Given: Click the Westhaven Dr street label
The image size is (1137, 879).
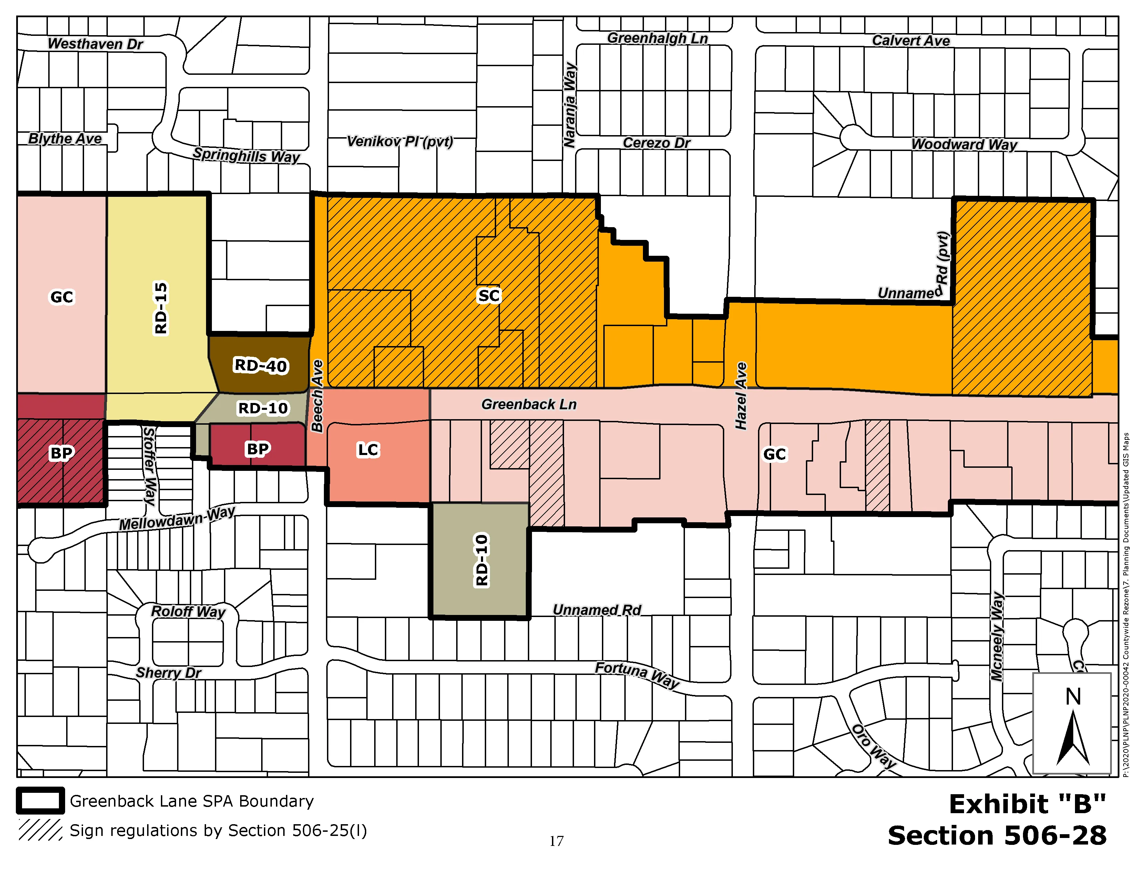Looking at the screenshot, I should (95, 44).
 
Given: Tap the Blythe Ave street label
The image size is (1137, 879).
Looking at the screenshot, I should (65, 139).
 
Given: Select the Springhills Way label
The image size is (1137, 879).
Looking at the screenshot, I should (246, 155).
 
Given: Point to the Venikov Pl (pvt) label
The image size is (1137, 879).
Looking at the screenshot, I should (400, 141).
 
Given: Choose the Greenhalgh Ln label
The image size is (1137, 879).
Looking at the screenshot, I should (657, 38).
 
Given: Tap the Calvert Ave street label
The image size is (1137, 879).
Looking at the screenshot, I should (911, 41).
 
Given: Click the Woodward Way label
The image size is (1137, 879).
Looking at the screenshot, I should (964, 144).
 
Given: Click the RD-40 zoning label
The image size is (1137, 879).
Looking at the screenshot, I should (260, 365).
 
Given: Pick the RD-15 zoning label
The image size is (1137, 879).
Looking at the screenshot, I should (161, 308).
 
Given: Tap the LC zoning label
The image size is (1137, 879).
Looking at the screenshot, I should (368, 449).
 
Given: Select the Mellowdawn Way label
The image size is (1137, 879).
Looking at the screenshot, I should (177, 519).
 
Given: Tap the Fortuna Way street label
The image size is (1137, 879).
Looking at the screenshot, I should (637, 674).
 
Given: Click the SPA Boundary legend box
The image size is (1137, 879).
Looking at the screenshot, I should (41, 801).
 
